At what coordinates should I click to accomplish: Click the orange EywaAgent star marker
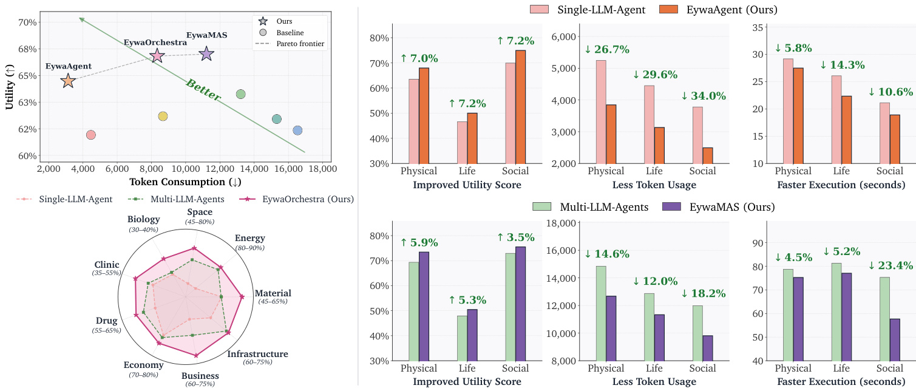tap(68, 81)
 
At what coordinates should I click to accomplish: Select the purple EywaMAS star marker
tap(206, 54)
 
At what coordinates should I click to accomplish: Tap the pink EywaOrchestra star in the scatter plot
tap(157, 56)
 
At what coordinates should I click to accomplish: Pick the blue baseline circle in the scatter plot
tap(297, 131)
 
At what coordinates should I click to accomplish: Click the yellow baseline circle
tap(163, 116)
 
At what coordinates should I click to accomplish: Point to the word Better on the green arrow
tap(203, 90)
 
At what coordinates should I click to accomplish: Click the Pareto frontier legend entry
tap(290, 44)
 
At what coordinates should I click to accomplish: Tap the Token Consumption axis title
tap(185, 182)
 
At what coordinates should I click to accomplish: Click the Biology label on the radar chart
tap(143, 219)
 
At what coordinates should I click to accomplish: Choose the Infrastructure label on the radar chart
tap(257, 353)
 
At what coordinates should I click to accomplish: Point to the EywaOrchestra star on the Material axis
tap(242, 298)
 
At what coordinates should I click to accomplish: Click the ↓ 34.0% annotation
tap(704, 96)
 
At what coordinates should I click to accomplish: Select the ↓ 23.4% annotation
tap(891, 265)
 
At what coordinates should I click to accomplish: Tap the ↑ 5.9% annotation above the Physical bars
tap(419, 242)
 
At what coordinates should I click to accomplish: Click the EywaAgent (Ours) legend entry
tap(718, 9)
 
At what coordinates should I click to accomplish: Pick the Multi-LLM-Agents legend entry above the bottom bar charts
tap(591, 207)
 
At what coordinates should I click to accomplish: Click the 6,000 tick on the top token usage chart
tap(565, 37)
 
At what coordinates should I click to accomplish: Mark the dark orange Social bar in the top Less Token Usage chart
tap(707, 156)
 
